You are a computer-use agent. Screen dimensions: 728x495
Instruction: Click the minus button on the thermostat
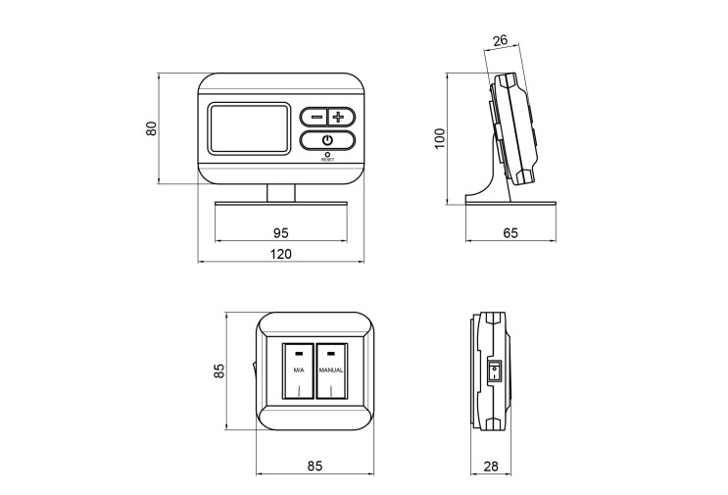[x=315, y=117]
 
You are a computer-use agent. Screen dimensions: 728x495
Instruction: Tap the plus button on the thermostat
[x=341, y=117]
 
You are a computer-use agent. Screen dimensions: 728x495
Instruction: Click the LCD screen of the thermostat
[x=249, y=128]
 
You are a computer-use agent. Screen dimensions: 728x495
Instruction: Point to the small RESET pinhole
[x=327, y=154]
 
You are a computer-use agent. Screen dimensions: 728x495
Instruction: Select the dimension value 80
[x=151, y=128]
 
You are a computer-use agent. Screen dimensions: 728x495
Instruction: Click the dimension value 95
[x=280, y=232]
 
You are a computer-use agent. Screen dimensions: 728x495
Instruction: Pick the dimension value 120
[x=281, y=254]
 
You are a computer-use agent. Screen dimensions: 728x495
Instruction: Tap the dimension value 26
[x=500, y=41]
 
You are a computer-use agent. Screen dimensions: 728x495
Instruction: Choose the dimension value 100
[x=440, y=138]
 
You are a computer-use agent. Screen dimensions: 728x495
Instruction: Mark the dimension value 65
[x=510, y=232]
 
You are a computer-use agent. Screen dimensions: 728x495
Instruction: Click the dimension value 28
[x=491, y=466]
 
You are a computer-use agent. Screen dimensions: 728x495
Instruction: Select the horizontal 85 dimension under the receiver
[x=315, y=466]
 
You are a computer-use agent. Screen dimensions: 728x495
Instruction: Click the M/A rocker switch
[x=298, y=371]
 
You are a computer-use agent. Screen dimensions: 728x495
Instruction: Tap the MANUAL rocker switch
[x=331, y=371]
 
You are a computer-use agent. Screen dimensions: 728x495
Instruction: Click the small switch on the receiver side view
[x=494, y=371]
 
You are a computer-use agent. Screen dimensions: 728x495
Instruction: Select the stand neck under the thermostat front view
[x=281, y=193]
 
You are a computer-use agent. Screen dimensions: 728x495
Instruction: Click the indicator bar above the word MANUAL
[x=331, y=354]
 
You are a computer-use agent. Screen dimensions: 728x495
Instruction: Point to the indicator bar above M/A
[x=298, y=354]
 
